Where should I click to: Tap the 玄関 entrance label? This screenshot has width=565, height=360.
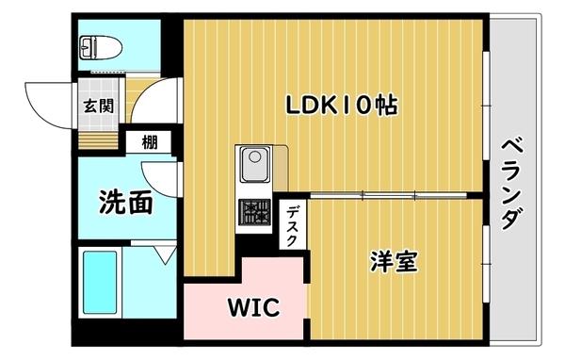[98, 106]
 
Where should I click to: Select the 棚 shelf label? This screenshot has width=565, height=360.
[150, 143]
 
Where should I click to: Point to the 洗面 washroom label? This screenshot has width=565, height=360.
[125, 201]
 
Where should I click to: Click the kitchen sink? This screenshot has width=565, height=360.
[253, 167]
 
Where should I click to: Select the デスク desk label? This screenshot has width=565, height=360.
[292, 225]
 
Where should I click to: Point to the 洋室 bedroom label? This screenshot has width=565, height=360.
[394, 261]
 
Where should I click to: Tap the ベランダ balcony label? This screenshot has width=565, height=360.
[511, 183]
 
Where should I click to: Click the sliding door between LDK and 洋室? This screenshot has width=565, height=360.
[377, 195]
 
